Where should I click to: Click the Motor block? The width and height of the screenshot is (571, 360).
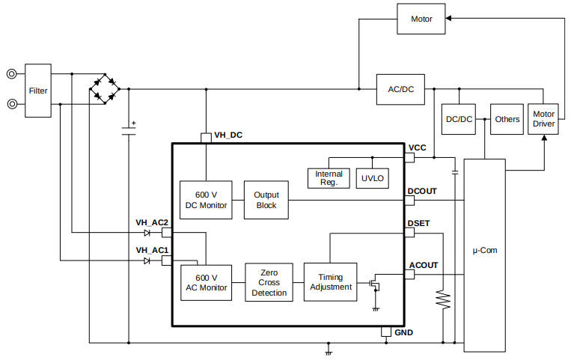point(421,19)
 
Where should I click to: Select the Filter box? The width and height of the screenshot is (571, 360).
point(38,91)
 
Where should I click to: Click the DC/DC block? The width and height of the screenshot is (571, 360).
point(459,119)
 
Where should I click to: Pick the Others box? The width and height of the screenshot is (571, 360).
point(507,119)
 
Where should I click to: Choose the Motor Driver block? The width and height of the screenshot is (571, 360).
point(544,119)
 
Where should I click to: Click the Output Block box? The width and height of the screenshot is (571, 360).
point(266,200)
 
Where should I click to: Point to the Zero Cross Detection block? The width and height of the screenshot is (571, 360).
point(269,282)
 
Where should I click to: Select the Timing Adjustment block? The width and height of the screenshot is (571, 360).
point(330,282)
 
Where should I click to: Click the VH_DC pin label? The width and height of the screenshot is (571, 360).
point(228,136)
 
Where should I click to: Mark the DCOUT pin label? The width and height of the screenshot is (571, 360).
point(422,192)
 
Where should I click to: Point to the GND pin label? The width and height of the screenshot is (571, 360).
point(403,332)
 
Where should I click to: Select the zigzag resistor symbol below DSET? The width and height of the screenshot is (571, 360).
point(444,300)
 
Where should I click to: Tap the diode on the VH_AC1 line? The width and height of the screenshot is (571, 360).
point(147,260)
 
